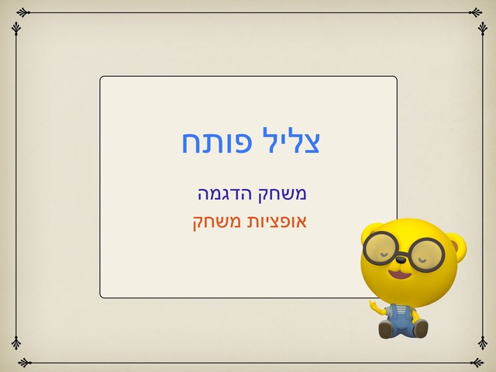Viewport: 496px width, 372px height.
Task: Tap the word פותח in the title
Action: [x=217, y=141]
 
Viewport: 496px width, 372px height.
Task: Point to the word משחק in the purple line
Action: [x=282, y=195]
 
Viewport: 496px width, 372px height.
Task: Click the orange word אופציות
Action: [x=274, y=222]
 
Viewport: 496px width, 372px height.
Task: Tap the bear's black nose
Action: [x=401, y=260]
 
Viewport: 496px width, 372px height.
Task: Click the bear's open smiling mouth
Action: [x=401, y=274]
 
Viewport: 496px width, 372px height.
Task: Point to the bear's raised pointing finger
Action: [x=372, y=304]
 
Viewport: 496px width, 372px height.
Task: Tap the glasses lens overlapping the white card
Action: [x=379, y=248]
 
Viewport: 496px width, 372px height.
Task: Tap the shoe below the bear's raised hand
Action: [x=387, y=329]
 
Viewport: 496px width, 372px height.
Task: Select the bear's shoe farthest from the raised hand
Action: [x=420, y=328]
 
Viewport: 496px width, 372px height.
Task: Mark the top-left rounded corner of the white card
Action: [x=102, y=77]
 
